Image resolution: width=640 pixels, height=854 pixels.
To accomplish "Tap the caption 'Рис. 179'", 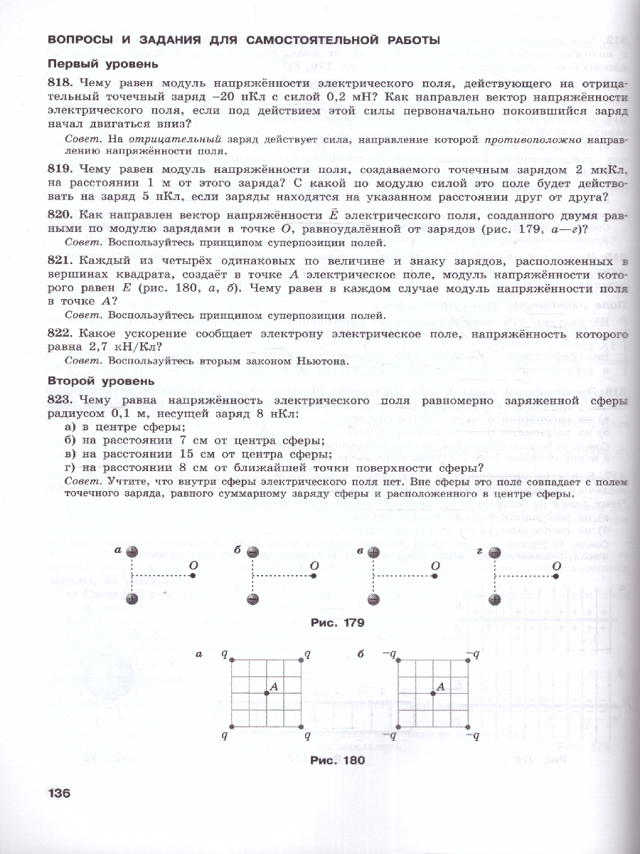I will click(x=338, y=622).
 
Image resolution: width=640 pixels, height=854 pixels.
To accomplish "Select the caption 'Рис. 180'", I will click(x=338, y=760).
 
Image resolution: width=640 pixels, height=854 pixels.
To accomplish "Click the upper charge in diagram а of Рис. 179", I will click(x=132, y=552).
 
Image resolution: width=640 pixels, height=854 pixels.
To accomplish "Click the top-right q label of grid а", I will click(x=307, y=652).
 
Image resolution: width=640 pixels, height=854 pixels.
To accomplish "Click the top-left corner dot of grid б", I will click(x=398, y=660).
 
